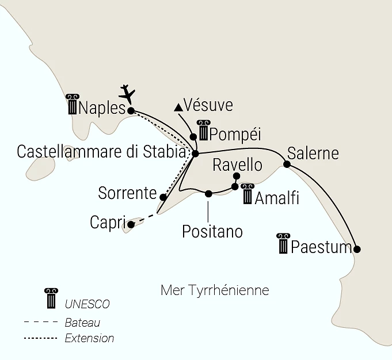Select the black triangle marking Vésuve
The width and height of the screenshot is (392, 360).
click(179, 107)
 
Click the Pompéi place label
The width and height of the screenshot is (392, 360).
click(235, 134)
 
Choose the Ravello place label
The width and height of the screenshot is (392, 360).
click(237, 165)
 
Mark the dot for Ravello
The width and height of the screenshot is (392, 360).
click(236, 176)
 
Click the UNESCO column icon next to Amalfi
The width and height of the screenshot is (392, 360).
click(248, 194)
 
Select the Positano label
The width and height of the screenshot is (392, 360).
click(212, 231)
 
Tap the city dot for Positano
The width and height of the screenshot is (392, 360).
click(208, 193)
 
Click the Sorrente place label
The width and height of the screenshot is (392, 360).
click(127, 193)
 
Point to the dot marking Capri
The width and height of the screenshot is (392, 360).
click(131, 225)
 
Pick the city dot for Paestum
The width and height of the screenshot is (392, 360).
click(357, 249)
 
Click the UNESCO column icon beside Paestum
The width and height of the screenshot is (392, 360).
click(283, 244)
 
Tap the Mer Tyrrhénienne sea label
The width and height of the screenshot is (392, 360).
click(215, 290)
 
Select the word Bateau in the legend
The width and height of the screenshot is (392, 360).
click(82, 323)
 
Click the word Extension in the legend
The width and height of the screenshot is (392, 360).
click(89, 338)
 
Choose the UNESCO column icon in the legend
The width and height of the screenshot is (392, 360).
click(51, 298)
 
